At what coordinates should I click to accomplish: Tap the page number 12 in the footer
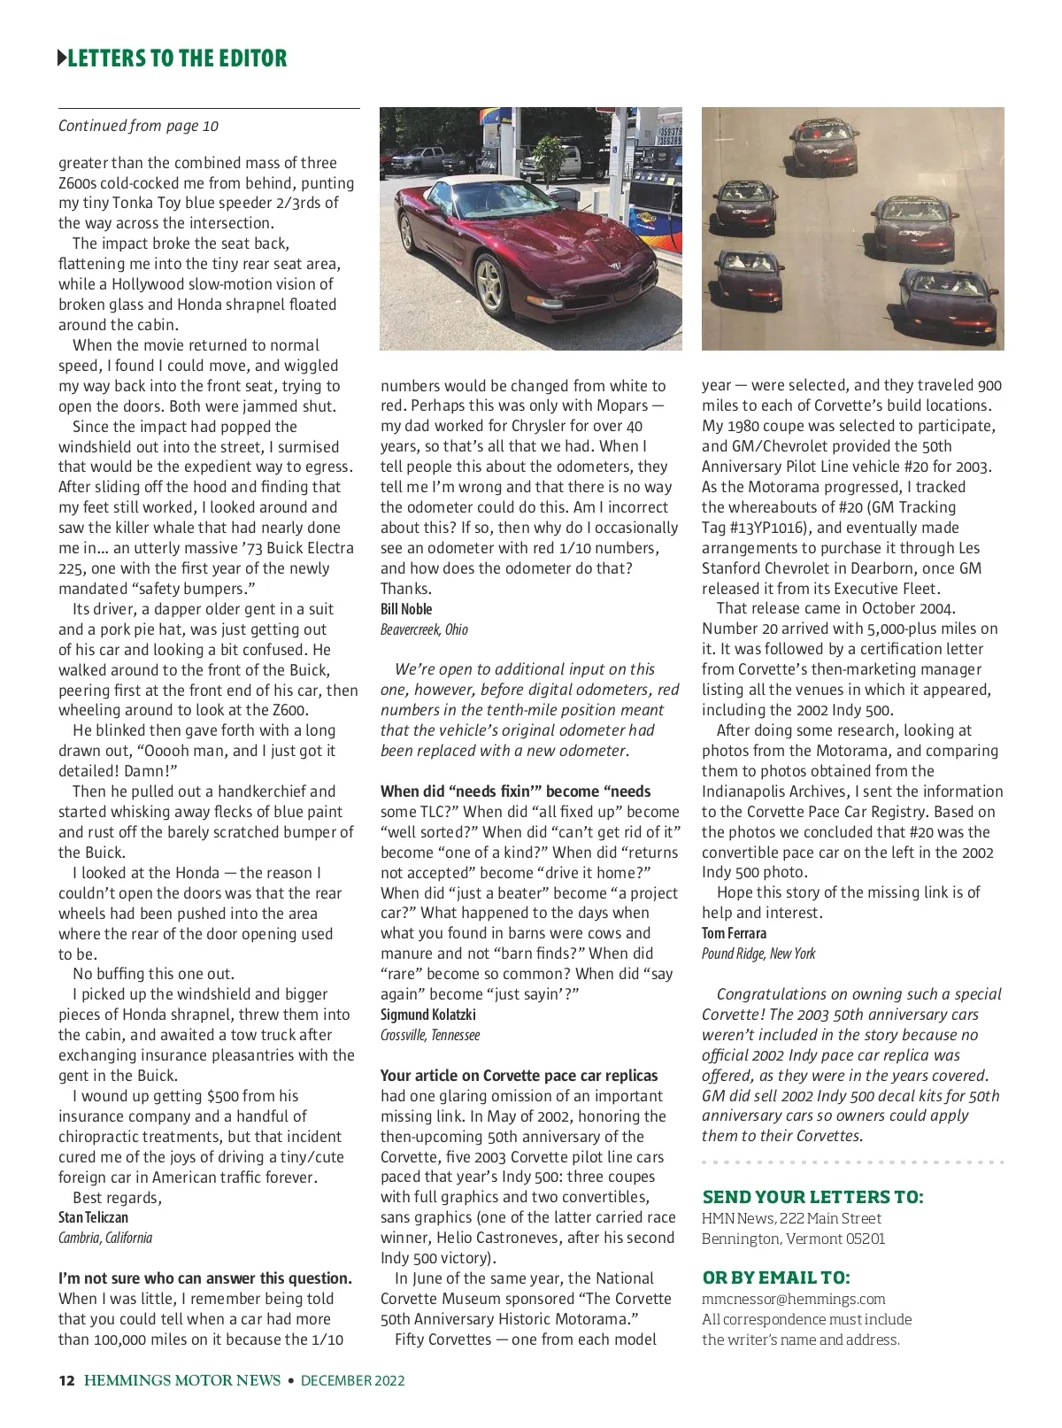(66, 1380)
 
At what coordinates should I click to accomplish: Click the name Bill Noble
(406, 609)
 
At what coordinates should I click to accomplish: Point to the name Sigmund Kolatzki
(427, 1015)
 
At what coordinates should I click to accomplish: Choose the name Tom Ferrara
(734, 933)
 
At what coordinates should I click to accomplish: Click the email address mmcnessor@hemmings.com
(793, 1299)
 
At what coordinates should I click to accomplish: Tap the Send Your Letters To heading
(812, 1197)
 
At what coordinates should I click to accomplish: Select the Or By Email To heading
(775, 1277)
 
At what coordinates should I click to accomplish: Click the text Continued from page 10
(138, 126)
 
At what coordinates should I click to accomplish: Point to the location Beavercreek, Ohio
(424, 629)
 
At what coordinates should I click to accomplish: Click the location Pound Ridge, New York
(758, 953)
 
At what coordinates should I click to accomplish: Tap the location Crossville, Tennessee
(430, 1035)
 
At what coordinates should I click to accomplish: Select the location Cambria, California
(105, 1238)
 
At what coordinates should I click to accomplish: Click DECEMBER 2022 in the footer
(352, 1380)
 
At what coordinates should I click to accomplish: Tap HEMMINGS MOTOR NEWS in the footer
(182, 1380)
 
